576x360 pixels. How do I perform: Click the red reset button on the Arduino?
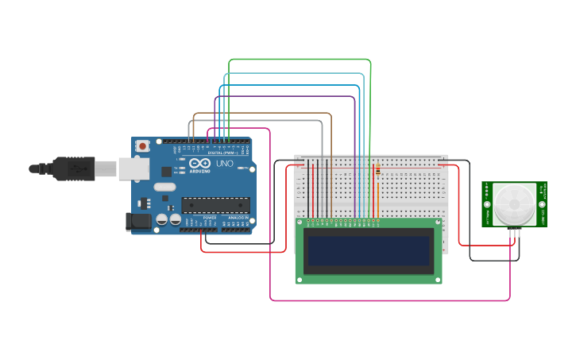[143, 145]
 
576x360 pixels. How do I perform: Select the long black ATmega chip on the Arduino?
[215, 205]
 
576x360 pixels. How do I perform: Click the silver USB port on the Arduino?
[133, 168]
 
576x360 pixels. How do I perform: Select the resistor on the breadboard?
[377, 169]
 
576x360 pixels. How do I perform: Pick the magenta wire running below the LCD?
[389, 300]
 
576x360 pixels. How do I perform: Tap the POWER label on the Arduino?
[210, 217]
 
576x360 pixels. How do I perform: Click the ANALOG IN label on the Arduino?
[236, 217]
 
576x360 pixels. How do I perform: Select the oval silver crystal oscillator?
[164, 188]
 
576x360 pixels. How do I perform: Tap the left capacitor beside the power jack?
[161, 219]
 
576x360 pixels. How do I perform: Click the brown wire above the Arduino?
[262, 114]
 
